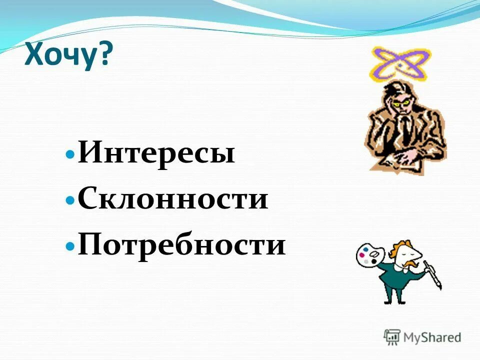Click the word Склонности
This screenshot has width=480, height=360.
[173, 199]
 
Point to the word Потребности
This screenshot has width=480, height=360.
[181, 245]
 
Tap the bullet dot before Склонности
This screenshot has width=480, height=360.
[70, 200]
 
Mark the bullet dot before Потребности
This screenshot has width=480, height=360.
[70, 245]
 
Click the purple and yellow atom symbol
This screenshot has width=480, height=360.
[400, 64]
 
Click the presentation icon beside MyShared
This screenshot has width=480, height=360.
[392, 337]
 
